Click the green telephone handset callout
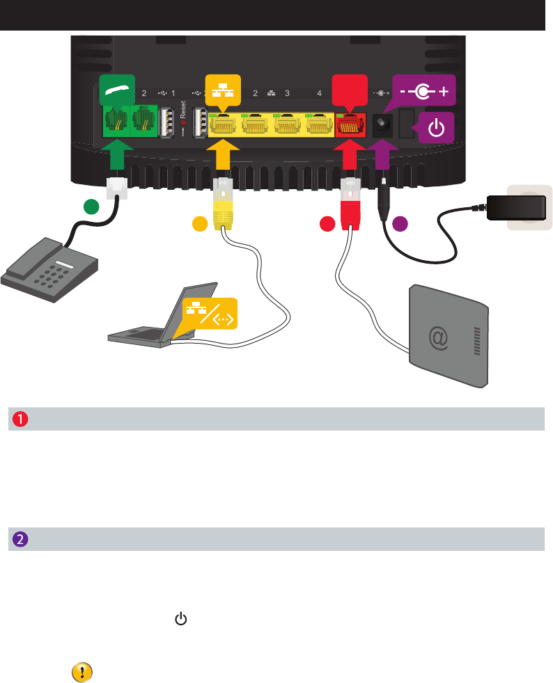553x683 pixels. click(117, 88)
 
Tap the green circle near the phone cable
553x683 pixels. click(89, 206)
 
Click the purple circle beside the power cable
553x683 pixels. click(399, 224)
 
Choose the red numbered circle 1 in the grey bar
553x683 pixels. click(18, 419)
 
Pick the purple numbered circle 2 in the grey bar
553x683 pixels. click(18, 539)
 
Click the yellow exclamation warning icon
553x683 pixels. click(82, 672)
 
